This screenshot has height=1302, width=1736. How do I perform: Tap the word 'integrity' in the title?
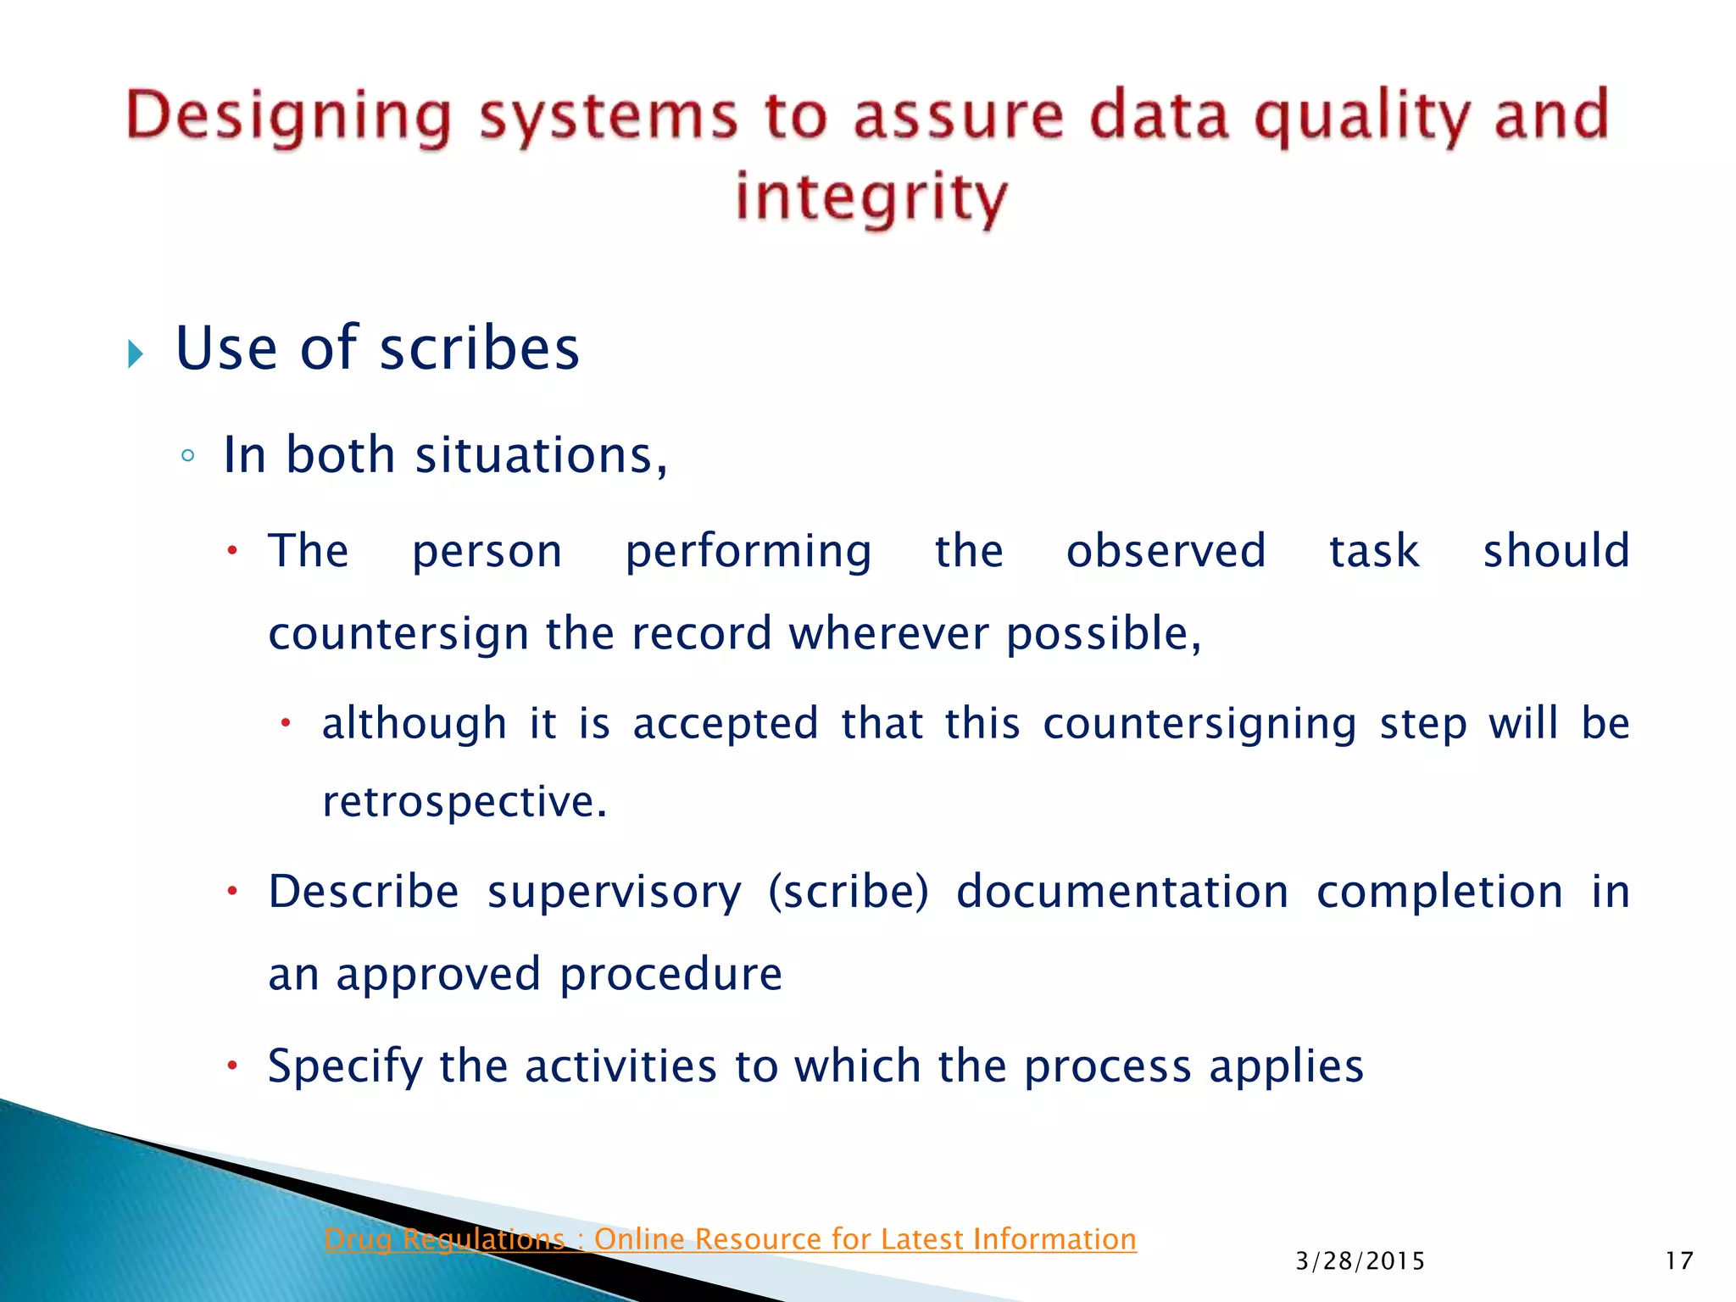871,197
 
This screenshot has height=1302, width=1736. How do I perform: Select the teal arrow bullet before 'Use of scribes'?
136,353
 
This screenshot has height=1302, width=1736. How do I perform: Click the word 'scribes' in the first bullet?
479,349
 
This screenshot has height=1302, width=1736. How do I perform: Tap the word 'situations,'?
541,456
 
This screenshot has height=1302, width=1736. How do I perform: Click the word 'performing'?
748,553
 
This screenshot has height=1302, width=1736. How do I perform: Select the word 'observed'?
1166,551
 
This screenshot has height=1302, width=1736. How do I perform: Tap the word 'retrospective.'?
465,802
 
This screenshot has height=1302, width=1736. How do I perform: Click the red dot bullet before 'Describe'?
232,892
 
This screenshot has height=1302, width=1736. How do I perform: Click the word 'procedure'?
670,975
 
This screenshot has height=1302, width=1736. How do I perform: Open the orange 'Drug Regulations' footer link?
730,1239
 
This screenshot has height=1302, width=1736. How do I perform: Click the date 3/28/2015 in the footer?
1360,1261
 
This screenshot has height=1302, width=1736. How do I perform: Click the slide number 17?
1678,1261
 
